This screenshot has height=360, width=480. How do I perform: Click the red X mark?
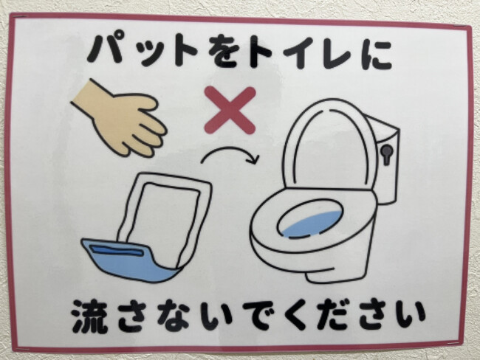[x=230, y=110]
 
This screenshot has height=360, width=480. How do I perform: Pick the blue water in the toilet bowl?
[x=313, y=224]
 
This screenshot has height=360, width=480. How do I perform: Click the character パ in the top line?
[x=107, y=50]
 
